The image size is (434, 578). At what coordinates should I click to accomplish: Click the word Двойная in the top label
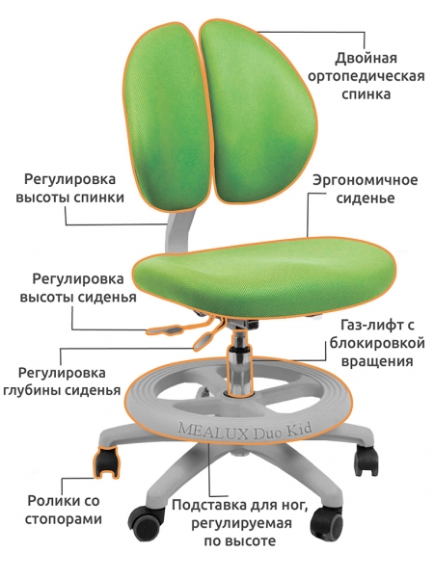[366, 58]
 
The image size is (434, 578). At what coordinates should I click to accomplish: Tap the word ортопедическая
[366, 76]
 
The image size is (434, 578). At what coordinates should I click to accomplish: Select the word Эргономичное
[366, 180]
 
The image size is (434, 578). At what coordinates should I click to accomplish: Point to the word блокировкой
[377, 343]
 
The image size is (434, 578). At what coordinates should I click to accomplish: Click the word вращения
[377, 361]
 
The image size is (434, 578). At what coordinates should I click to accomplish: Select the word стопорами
[63, 519]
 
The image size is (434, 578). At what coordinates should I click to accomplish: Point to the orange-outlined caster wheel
[106, 461]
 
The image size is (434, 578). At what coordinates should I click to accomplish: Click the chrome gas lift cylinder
[239, 359]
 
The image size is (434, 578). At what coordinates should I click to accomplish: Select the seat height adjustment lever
[165, 329]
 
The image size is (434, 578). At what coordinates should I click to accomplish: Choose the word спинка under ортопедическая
[366, 94]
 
